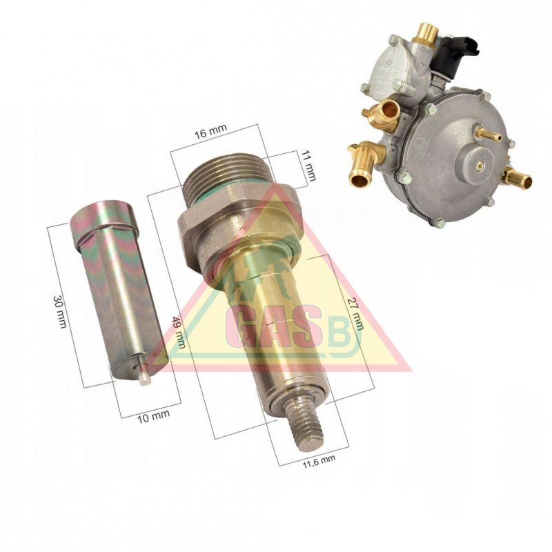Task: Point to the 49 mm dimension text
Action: [x=179, y=332]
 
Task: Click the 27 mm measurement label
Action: [x=355, y=314]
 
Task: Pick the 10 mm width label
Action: [x=152, y=417]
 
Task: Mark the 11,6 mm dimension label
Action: [x=319, y=462]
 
